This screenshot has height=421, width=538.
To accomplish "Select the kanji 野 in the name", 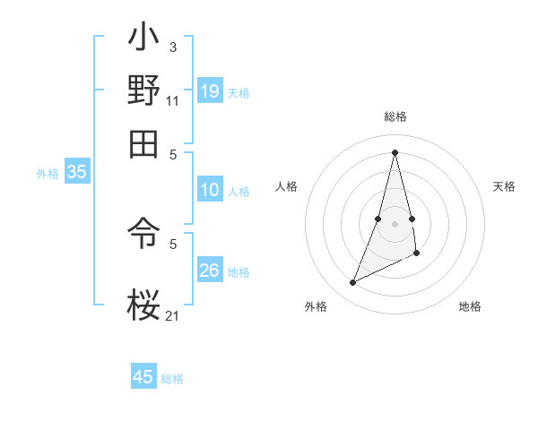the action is pos(144,90).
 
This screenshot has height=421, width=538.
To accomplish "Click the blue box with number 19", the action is pos(210,90).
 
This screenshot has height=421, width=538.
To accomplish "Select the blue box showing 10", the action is pos(210,190).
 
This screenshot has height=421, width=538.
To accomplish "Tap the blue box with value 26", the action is pos(210,270).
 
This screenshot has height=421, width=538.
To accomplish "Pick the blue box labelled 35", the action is pos(76,172).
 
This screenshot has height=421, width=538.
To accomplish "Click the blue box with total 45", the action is pos(143,377).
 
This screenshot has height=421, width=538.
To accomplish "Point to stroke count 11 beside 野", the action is pos(173,99).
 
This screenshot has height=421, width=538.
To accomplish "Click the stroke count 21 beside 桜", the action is pos(173,314).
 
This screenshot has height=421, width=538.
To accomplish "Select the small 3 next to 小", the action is pos(173,47).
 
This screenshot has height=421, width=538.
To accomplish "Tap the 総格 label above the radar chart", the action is pos(395,116).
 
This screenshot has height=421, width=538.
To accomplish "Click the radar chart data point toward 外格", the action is pos(353,283).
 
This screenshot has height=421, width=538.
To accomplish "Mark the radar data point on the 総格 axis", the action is pos(395,151).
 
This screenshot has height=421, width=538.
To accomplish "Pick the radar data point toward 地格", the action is pos(417,253).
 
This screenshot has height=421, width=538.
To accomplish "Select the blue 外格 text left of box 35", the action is pos(48,173).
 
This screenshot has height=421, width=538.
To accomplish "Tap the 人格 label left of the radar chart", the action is pos(287,186).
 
